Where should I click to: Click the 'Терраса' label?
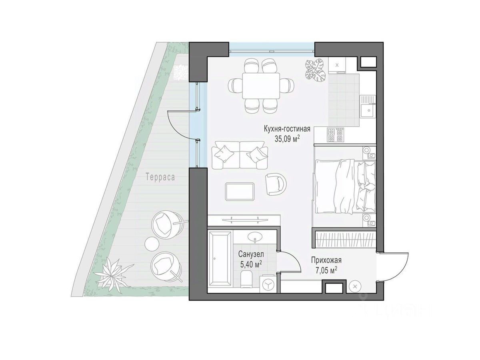coord(160,177)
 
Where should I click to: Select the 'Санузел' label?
coord(251,254)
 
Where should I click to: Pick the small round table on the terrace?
coord(151,244)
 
